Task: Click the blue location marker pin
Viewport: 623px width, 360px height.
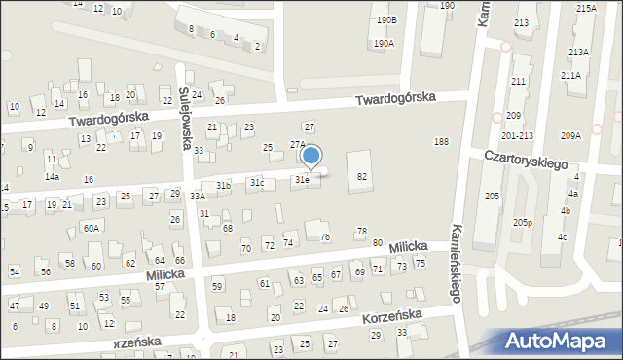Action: (311, 157)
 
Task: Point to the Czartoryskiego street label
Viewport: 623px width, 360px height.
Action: (526, 161)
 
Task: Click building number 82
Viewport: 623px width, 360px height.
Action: (362, 176)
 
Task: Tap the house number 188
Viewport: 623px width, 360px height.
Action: (441, 142)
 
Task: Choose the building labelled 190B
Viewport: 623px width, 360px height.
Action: (387, 19)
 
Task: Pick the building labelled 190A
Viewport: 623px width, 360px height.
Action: (384, 44)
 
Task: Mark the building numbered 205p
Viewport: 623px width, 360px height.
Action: (523, 223)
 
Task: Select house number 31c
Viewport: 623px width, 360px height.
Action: (257, 183)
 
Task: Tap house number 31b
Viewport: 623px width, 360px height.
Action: (224, 185)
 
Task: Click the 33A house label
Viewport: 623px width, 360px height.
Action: (198, 197)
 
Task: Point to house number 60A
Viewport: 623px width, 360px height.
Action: (91, 228)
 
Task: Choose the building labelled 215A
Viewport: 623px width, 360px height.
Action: (586, 8)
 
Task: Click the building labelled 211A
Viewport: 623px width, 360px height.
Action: (570, 75)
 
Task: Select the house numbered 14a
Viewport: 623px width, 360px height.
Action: (53, 177)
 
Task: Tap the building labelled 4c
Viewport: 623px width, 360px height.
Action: (562, 237)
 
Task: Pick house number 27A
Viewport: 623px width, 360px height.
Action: (298, 144)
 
